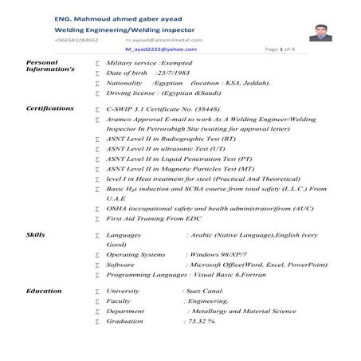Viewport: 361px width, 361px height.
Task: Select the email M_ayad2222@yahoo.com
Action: tap(154, 49)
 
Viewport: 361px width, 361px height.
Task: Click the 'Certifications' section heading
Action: tap(50, 106)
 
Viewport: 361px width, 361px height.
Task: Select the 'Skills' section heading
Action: tap(35, 236)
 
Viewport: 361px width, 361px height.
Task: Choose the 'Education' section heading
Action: tap(44, 291)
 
